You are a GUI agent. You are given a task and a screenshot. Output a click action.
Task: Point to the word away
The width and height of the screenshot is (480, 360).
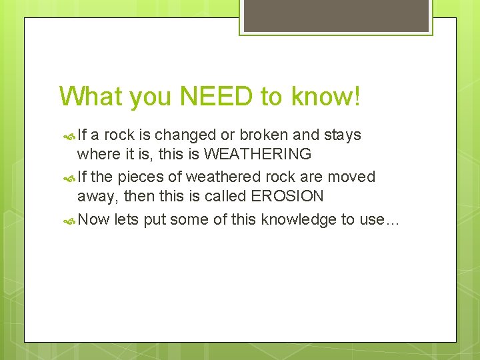tap(95, 197)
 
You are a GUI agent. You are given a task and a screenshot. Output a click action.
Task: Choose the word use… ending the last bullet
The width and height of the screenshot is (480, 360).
tap(379, 219)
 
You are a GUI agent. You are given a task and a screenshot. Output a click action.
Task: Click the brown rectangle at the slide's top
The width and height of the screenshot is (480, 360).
tap(335, 15)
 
